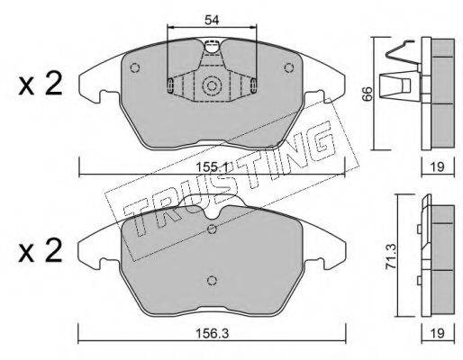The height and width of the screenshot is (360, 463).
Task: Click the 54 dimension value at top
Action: click(212, 20)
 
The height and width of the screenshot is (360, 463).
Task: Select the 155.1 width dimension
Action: click(212, 166)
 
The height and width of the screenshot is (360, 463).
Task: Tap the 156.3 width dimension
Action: click(212, 333)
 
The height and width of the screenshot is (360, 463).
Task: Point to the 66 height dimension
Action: click(368, 94)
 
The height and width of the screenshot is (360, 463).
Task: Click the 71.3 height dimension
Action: click(392, 256)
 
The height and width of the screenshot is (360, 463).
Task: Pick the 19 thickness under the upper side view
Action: click(437, 166)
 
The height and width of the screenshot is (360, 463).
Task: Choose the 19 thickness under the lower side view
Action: click(438, 333)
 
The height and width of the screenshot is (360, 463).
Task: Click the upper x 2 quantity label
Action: click(41, 85)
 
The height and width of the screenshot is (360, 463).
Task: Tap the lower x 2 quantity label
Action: click(41, 251)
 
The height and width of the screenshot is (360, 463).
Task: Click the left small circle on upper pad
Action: click(134, 67)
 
